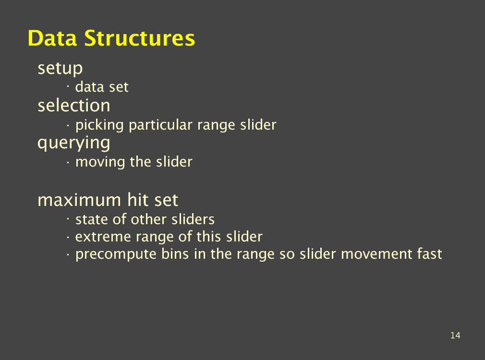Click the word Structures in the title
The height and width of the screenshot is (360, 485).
tap(140, 38)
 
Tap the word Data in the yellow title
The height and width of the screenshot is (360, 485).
tap(52, 38)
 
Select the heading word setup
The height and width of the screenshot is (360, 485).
tap(60, 69)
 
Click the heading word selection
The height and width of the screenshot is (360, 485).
tap(73, 106)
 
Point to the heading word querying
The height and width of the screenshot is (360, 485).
tap(73, 144)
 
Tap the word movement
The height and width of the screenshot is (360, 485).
tap(376, 254)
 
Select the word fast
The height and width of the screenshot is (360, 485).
tap(429, 254)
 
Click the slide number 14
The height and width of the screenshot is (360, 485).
tap(455, 335)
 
